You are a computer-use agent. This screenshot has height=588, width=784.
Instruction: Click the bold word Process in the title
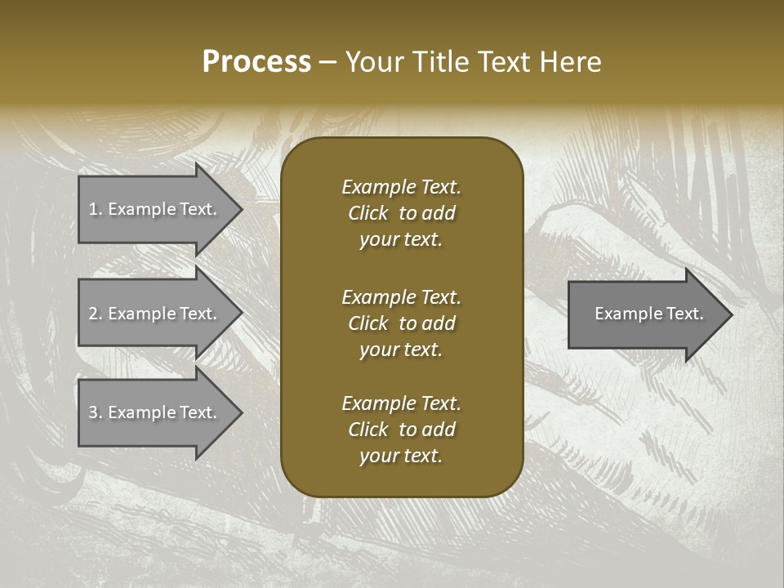256,62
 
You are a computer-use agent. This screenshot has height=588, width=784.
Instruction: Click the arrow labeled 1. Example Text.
155,209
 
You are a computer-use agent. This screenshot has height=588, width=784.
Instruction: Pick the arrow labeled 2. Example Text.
155,314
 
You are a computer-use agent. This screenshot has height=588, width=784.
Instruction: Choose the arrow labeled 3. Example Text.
155,412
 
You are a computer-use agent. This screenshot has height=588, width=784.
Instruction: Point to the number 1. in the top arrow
96,209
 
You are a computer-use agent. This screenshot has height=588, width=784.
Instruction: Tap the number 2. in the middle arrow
96,314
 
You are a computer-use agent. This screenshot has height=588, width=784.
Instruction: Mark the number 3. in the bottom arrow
96,412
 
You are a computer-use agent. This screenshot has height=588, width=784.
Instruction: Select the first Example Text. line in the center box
401,187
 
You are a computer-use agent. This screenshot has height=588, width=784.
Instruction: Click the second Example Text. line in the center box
401,296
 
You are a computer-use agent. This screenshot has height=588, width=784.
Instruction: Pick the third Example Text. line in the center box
401,403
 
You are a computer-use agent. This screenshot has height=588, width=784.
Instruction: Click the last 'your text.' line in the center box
401,457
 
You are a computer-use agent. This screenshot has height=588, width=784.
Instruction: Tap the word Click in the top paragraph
368,213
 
